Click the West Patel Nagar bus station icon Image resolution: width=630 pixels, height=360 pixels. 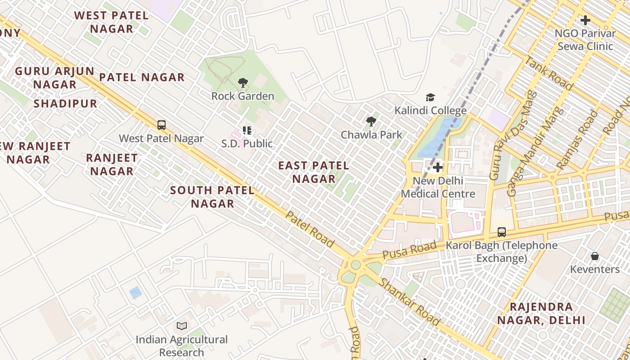[x=162, y=125]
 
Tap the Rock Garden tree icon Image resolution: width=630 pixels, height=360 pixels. [x=243, y=83]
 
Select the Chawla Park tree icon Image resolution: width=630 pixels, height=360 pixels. [x=371, y=121]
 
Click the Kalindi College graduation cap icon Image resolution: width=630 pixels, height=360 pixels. [x=431, y=98]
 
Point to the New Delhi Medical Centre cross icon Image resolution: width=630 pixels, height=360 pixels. [x=437, y=168]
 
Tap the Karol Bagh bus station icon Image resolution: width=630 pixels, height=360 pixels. [x=502, y=232]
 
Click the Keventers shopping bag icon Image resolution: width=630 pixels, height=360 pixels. [x=595, y=256]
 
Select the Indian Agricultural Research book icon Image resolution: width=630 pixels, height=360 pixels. [x=182, y=326]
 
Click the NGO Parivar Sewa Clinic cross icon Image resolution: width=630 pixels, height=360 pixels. [x=585, y=20]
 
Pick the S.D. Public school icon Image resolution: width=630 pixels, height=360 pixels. [x=247, y=130]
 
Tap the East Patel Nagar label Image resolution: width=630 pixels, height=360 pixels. [x=314, y=172]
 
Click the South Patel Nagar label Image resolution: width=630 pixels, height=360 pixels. [x=212, y=197]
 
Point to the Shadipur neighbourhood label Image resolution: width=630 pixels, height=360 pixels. [x=65, y=103]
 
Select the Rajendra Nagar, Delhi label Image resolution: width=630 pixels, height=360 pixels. [x=541, y=314]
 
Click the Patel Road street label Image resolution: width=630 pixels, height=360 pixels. [x=310, y=229]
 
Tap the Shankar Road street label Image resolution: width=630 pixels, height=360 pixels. [x=409, y=301]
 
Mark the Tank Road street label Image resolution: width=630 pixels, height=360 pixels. [x=549, y=74]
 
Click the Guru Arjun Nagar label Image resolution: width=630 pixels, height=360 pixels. [x=54, y=78]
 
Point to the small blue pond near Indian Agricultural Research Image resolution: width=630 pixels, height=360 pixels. [x=135, y=292]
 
